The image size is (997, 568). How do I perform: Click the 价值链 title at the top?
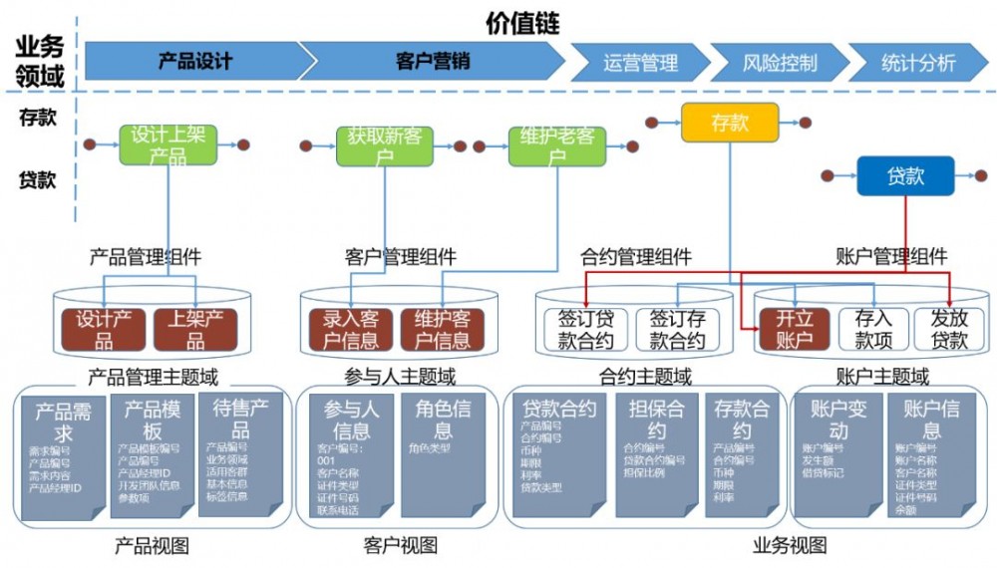click(x=521, y=21)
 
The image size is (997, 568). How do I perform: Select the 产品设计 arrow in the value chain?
click(x=194, y=62)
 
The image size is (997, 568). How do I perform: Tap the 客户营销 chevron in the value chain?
click(x=433, y=62)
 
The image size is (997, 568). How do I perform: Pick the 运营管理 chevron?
click(x=639, y=63)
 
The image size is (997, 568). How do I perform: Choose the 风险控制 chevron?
click(x=779, y=63)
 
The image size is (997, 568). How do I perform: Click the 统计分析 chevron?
click(x=917, y=63)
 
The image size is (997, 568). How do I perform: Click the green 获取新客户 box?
click(x=384, y=145)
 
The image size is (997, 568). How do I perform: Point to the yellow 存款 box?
click(x=729, y=123)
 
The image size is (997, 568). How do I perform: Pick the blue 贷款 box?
click(x=905, y=176)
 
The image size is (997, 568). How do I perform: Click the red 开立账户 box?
click(x=794, y=329)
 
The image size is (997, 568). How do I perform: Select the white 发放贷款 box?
click(x=948, y=329)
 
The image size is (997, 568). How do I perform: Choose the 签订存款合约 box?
click(x=677, y=329)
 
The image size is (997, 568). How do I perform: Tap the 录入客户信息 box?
click(x=350, y=329)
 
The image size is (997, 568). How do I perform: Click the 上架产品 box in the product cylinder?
click(x=195, y=329)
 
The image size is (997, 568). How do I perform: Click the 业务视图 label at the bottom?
click(x=789, y=545)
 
